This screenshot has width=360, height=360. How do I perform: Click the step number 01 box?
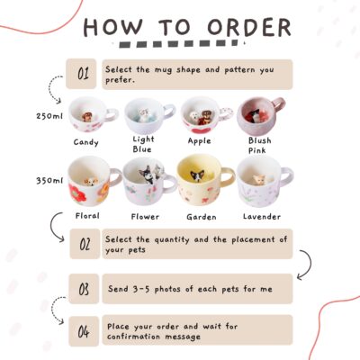coord(81,74)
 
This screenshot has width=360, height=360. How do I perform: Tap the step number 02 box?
coord(85,244)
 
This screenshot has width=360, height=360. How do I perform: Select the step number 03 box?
coord(84,289)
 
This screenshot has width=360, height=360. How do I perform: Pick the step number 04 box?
coord(84,331)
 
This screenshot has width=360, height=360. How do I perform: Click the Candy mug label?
coord(86,142)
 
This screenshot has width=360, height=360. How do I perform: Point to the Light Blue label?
coord(143,144)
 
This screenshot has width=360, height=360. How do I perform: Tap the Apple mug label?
coord(200,141)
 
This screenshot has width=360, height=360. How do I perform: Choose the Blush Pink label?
coord(260,146)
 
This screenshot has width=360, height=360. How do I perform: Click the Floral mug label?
coord(87,216)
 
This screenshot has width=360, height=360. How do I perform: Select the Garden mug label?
coord(202,217)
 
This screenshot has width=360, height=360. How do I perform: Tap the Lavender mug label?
coord(262,217)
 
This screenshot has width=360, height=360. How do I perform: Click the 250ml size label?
coord(49,116)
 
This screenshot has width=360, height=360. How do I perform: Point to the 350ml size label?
coord(49,181)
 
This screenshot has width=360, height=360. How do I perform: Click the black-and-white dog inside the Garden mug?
coord(197,175)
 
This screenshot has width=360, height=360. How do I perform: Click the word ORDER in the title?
coord(249,28)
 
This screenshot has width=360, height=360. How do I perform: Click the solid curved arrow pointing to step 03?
coord(310,264)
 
